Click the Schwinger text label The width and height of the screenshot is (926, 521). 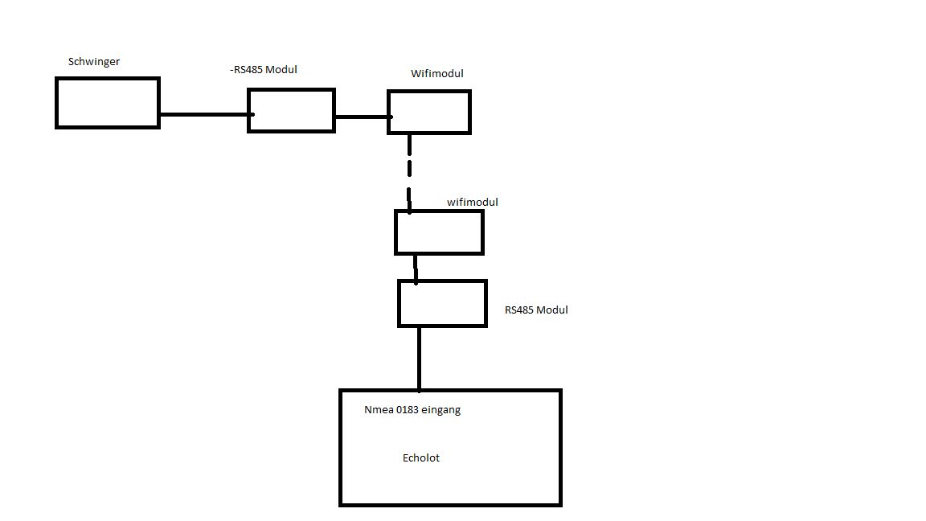pos(94,62)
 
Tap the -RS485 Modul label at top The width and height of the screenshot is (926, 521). pos(264,70)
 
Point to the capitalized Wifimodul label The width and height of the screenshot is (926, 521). pos(437,74)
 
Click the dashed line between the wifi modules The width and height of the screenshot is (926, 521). pos(409,173)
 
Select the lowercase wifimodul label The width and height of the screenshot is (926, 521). pos(473,202)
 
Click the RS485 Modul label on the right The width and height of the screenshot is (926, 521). pos(536,310)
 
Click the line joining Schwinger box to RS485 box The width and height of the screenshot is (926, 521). pos(207,115)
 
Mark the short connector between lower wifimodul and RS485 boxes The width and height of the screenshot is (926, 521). pos(416,269)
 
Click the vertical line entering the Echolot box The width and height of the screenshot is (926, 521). pos(420,359)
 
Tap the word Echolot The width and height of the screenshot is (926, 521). pos(421,457)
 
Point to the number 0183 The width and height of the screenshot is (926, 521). pos(407,410)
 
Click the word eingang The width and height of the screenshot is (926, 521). pos(440,411)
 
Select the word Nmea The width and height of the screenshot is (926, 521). pos(379,410)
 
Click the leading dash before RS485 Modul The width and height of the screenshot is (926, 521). pos(231,70)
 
